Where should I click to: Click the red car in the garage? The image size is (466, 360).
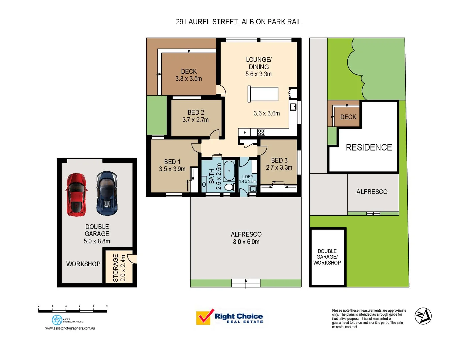point(76,195)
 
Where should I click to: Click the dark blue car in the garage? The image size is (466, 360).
point(107,193)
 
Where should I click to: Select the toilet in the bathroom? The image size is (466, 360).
point(229,187)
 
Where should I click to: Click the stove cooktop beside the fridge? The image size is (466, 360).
point(261,132)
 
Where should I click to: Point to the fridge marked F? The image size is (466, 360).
point(245,132)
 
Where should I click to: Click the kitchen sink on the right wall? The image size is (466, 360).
point(293,107)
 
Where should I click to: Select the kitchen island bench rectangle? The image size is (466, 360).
point(263,94)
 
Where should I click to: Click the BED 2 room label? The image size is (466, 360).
point(196,113)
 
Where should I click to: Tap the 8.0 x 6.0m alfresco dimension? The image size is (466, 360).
point(246,242)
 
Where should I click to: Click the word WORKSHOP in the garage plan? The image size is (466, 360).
point(83,264)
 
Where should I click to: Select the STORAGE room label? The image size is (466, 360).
point(116,268)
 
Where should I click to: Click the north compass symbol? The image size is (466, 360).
point(423,316)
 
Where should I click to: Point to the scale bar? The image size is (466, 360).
point(73,310)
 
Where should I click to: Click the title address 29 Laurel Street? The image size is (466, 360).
point(238,22)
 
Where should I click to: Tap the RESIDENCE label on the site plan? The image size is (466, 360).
point(369,147)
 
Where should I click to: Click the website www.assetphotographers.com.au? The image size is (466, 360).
point(70,328)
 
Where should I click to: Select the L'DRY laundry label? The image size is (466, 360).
point(248,177)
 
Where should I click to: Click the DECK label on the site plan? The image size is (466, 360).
point(348,117)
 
